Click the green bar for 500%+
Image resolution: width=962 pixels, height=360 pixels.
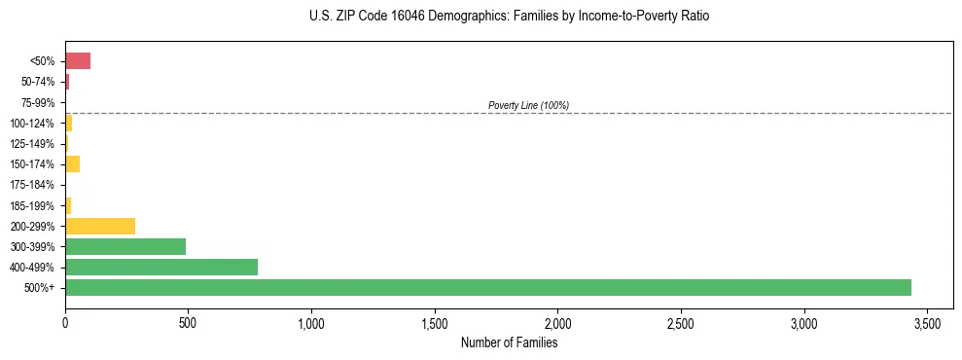tap(487, 287)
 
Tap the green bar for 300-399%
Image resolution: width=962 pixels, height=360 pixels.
tap(125, 246)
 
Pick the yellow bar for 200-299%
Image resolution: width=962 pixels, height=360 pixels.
tap(100, 226)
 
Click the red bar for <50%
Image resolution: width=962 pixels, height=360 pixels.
tap(78, 61)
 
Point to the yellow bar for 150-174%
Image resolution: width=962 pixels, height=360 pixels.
tap(72, 163)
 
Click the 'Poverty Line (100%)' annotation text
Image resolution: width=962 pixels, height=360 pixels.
tap(528, 105)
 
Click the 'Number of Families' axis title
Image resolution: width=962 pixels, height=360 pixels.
tap(509, 342)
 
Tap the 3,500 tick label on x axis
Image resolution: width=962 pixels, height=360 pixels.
tap(927, 322)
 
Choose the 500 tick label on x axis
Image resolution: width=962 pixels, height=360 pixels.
tap(188, 322)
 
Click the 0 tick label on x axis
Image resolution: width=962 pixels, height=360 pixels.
tap(65, 322)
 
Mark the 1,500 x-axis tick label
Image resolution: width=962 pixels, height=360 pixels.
tap(435, 322)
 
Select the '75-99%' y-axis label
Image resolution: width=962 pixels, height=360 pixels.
tap(38, 102)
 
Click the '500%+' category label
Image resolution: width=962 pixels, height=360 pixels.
tap(41, 288)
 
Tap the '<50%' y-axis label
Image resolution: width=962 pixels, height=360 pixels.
tap(43, 61)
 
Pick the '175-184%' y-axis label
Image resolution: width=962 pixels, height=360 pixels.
tap(34, 185)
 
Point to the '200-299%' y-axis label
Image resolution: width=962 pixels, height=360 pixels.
tap(34, 227)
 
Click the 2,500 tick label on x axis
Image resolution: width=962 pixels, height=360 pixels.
tap(681, 322)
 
